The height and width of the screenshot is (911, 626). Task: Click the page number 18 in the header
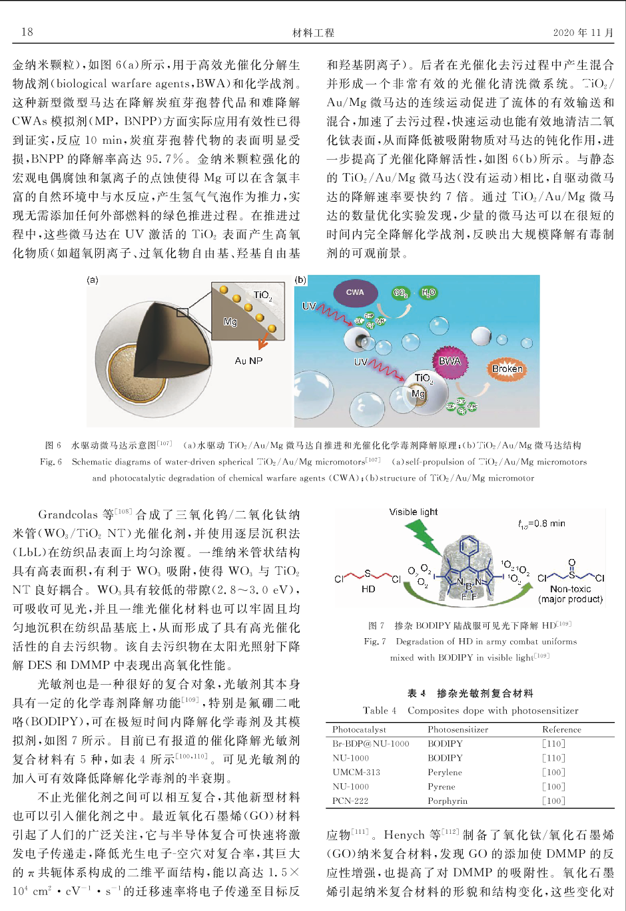click(27, 32)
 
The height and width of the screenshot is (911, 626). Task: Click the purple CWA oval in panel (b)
click(355, 293)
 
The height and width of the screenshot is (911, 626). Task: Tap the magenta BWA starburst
click(450, 361)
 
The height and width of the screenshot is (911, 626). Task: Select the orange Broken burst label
click(507, 369)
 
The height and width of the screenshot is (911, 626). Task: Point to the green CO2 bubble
click(400, 293)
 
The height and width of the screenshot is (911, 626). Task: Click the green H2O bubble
click(428, 293)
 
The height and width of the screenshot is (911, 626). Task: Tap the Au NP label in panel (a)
click(248, 361)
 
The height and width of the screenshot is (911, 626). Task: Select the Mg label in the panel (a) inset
click(230, 322)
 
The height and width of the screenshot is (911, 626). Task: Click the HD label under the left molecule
click(368, 589)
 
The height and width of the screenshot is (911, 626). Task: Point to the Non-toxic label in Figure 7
click(570, 589)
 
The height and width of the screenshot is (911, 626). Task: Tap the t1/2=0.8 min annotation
click(541, 524)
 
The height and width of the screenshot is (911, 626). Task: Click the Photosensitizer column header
click(458, 729)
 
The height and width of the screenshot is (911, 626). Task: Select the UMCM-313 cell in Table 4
click(356, 772)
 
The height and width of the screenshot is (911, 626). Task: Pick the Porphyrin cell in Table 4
click(448, 801)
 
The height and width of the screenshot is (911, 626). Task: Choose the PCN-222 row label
click(350, 801)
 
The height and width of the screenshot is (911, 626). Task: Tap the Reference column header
click(561, 729)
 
